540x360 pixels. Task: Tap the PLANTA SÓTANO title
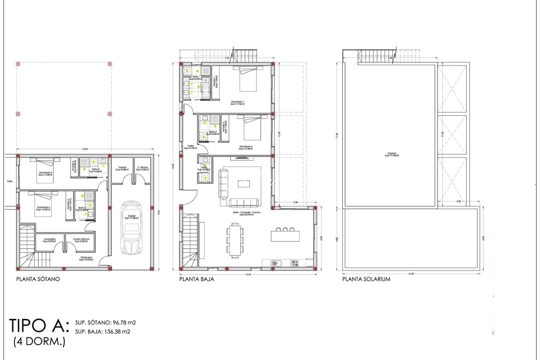point(38,279)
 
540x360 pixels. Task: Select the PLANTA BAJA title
point(197,279)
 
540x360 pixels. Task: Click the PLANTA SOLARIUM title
point(366,279)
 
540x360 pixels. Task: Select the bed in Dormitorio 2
point(252,128)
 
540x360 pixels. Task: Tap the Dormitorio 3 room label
point(45,174)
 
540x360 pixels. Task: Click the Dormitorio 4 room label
point(43,208)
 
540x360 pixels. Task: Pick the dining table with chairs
point(235,240)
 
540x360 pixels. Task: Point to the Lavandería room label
point(49,240)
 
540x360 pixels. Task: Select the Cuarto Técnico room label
point(81,240)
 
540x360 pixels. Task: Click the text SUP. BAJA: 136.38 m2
point(103,331)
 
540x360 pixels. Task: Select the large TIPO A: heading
point(39,325)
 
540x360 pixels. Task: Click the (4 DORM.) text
point(39,342)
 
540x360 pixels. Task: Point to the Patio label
point(10,181)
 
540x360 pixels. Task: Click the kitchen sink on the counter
point(276,263)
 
